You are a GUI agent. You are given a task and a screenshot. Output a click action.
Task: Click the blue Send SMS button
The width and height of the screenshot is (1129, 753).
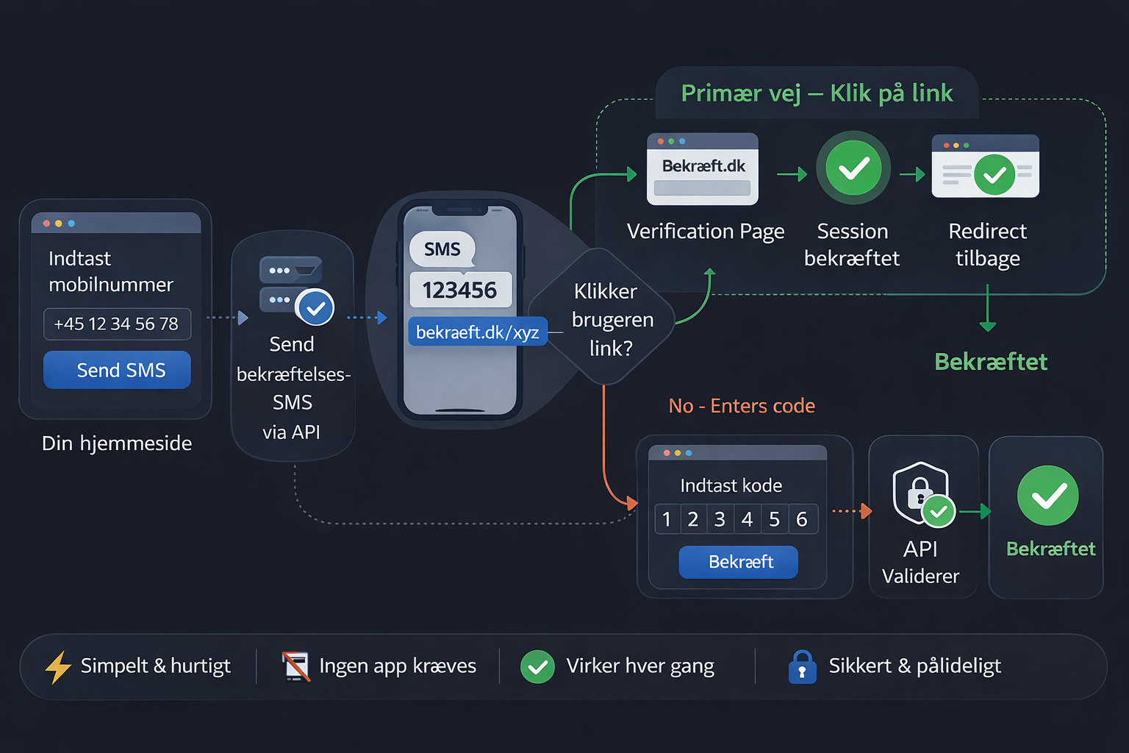point(117,370)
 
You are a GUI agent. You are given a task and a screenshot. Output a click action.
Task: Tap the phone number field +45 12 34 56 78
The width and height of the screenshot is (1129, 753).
point(117,324)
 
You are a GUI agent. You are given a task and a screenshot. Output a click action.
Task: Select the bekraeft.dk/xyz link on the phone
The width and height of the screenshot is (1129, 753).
point(477,332)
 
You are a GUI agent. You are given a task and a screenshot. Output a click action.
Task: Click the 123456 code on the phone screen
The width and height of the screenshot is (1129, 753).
point(459,290)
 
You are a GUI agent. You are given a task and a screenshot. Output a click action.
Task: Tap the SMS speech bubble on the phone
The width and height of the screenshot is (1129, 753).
point(442,249)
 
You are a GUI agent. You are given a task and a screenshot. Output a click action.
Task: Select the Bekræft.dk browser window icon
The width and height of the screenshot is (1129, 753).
point(702,169)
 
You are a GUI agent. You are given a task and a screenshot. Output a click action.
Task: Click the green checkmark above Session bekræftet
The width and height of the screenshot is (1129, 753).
point(853,168)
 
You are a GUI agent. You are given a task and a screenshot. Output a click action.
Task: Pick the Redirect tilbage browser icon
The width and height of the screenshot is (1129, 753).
point(985,167)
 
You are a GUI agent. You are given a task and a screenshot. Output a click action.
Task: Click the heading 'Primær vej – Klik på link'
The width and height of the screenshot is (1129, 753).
point(817,93)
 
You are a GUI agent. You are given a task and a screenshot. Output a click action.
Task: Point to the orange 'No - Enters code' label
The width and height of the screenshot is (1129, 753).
point(742,406)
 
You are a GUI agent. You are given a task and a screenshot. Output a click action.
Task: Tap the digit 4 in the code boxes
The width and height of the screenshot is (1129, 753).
point(747,519)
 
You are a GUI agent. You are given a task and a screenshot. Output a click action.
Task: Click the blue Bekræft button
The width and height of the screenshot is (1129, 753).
point(738,562)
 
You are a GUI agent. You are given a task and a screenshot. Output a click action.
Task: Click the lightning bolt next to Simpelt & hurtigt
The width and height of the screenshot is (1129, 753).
point(58,667)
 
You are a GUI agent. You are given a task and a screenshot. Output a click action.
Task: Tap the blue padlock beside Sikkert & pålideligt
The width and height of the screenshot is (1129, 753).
point(802,667)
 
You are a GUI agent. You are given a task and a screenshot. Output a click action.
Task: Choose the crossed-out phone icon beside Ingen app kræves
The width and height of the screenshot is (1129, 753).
point(295,666)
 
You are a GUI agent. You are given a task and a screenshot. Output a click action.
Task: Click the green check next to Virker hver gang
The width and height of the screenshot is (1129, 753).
point(537,667)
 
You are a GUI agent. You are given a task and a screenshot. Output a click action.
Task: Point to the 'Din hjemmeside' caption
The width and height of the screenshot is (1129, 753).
point(117,443)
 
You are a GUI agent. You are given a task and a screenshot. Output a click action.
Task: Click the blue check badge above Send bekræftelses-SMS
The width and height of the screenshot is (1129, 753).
point(315,308)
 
